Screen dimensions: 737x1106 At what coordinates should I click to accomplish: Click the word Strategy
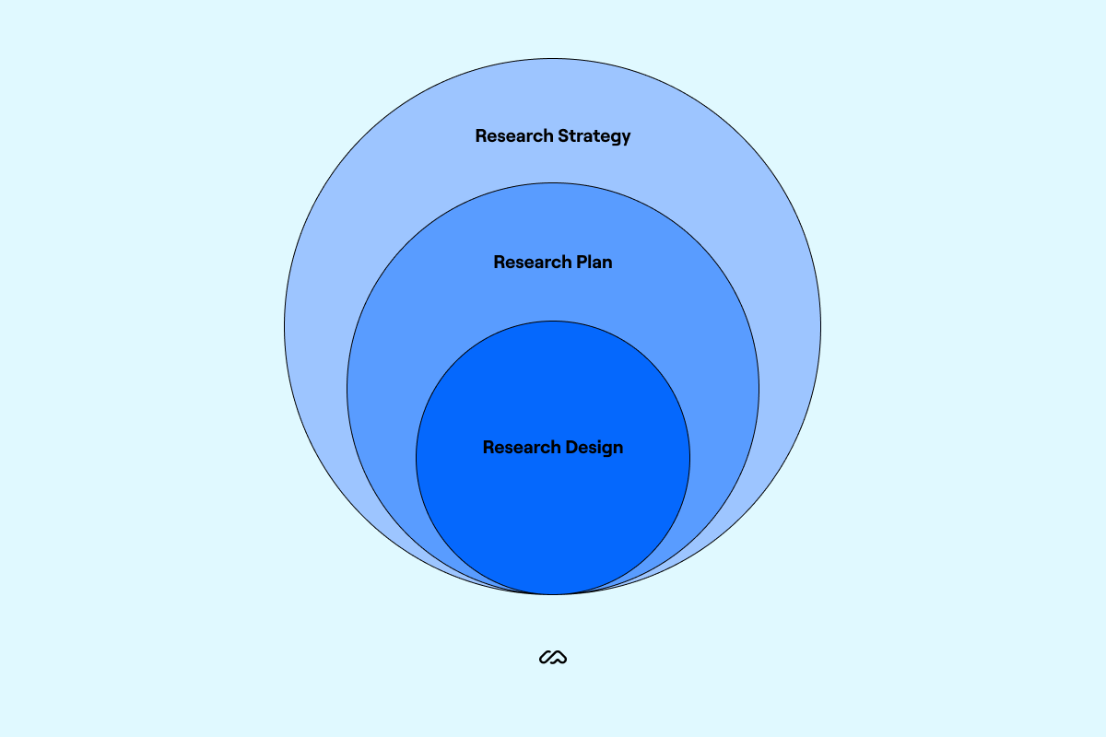[594, 136]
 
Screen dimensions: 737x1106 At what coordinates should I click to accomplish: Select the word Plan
[595, 263]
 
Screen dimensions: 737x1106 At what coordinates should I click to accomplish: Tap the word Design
[594, 448]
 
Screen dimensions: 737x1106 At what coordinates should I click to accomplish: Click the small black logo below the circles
[553, 658]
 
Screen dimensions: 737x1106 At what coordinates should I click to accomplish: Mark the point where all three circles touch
[553, 594]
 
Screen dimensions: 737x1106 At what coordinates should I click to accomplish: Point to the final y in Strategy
[626, 138]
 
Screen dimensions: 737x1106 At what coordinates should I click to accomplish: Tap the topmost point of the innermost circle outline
[553, 321]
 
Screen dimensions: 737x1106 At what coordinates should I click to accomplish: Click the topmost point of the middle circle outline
[553, 182]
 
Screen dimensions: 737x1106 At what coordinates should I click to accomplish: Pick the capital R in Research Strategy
[481, 136]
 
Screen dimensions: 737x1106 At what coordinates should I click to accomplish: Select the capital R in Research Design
[488, 448]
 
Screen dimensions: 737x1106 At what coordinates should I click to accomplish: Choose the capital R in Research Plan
[500, 263]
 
